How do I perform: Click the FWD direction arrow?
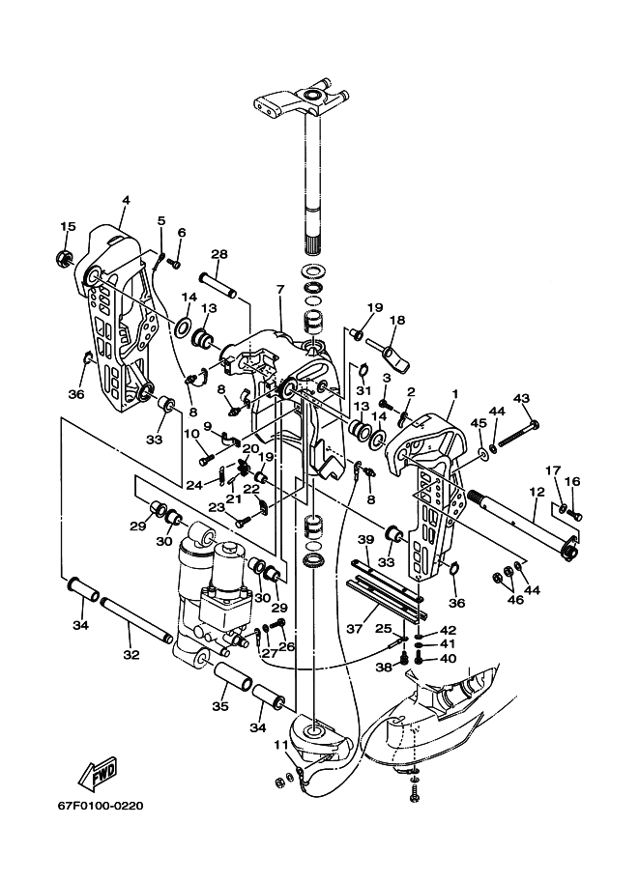click(x=98, y=774)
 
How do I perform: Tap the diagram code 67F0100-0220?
click(x=101, y=806)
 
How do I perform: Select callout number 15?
click(x=68, y=227)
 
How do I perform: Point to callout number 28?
click(x=219, y=254)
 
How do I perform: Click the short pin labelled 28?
click(x=218, y=285)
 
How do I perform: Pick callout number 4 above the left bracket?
click(x=126, y=200)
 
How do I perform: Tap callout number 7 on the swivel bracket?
click(x=280, y=289)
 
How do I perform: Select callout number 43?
click(x=521, y=398)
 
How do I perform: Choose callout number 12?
click(x=537, y=492)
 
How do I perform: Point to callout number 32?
click(x=131, y=655)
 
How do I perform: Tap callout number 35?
click(x=220, y=705)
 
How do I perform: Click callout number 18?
click(x=397, y=320)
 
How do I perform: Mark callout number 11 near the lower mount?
click(x=281, y=746)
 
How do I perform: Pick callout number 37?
click(x=354, y=628)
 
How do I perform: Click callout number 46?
click(x=514, y=600)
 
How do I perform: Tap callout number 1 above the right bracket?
click(x=454, y=394)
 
